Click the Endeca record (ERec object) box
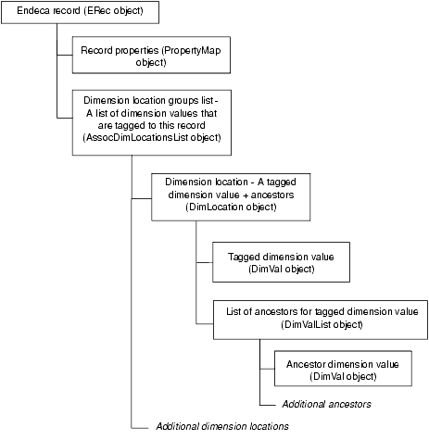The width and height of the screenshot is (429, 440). pos(80,12)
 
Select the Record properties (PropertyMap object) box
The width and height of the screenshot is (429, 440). pos(151,55)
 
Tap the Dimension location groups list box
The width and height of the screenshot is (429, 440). pos(152,122)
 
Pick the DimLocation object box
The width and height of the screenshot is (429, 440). pos(231,197)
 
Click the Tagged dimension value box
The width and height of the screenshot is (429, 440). pos(281,262)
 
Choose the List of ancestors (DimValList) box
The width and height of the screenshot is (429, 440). pos(321,320)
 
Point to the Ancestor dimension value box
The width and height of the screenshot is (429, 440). pos(343,369)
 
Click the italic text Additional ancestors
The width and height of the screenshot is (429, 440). pos(326,404)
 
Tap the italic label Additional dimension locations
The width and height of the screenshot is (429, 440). pos(222,426)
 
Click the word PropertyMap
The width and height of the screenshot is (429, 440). pos(191,50)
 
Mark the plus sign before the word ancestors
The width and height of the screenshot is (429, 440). pos(246,195)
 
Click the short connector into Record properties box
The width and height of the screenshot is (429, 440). pos(65,56)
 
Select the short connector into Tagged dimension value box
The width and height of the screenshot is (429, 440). pos(205,263)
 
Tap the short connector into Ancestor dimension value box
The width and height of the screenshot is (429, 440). pos(268,369)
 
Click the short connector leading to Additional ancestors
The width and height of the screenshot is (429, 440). pos(268,405)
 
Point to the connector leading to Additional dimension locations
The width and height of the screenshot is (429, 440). pos(140,428)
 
